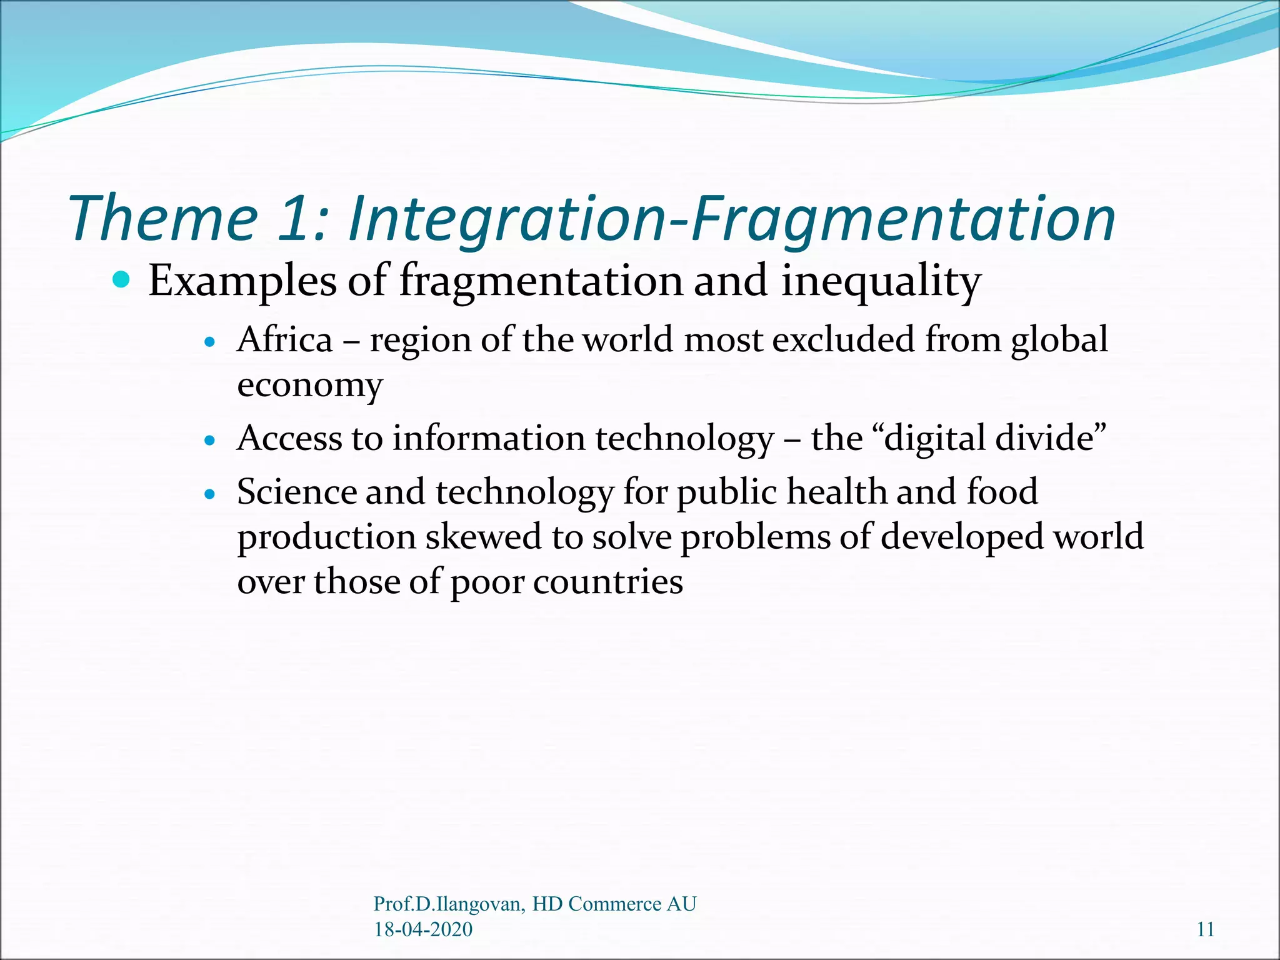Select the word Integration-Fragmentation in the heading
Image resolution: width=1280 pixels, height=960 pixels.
click(x=732, y=218)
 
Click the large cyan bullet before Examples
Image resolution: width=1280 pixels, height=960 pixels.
click(x=121, y=279)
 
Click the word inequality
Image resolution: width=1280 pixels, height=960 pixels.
click(x=881, y=281)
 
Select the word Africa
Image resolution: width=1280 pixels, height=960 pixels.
click(x=285, y=340)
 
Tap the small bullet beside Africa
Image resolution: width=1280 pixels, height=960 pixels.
click(x=210, y=342)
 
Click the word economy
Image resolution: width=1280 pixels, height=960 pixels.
click(x=309, y=385)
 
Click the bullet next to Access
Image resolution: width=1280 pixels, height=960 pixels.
click(x=210, y=441)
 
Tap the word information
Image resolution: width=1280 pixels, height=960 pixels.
click(x=489, y=437)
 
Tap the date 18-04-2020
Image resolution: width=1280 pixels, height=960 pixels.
click(x=423, y=929)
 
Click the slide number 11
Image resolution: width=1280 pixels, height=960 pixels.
click(x=1206, y=929)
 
